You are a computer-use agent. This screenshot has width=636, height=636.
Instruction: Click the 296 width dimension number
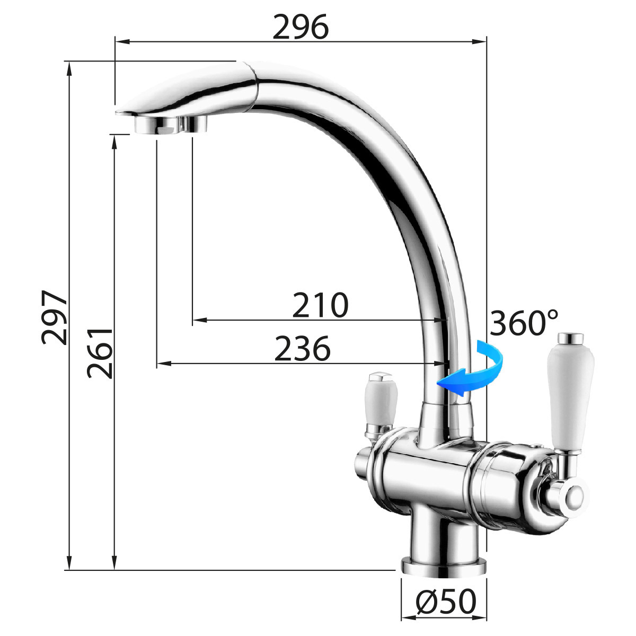tap(301, 26)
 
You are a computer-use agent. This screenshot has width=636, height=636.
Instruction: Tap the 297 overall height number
tap(55, 317)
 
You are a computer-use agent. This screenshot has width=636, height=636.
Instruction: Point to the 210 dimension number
tap(320, 305)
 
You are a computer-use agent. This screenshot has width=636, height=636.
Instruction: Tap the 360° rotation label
tap(524, 322)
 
